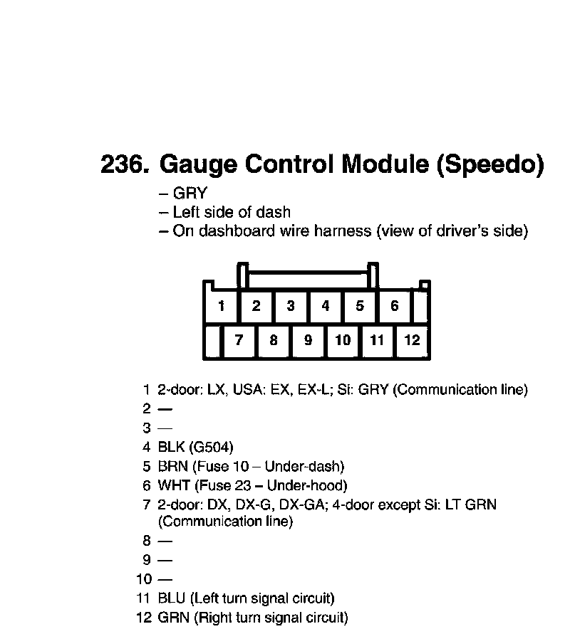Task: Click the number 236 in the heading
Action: pyautogui.click(x=124, y=165)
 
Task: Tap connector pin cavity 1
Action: pyautogui.click(x=222, y=307)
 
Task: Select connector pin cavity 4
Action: pyautogui.click(x=326, y=307)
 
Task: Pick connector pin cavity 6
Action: pyautogui.click(x=395, y=307)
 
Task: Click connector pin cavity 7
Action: pyautogui.click(x=239, y=340)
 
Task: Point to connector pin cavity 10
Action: pyautogui.click(x=343, y=340)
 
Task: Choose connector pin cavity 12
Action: pyautogui.click(x=413, y=340)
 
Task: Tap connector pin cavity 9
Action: pyautogui.click(x=308, y=340)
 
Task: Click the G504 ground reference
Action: pyautogui.click(x=212, y=448)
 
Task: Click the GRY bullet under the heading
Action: pyautogui.click(x=190, y=194)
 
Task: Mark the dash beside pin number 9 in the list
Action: pyautogui.click(x=165, y=560)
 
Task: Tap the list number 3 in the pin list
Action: pyautogui.click(x=146, y=428)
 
